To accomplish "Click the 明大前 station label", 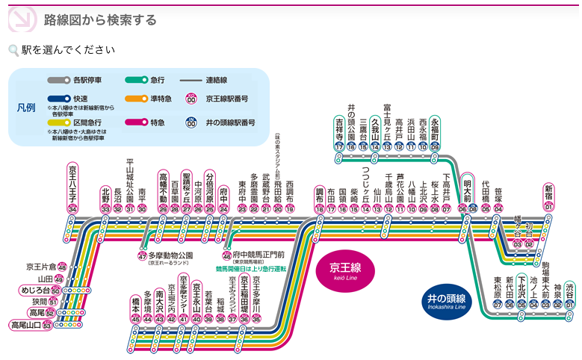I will [467, 190].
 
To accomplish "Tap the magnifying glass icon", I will [13, 51].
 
